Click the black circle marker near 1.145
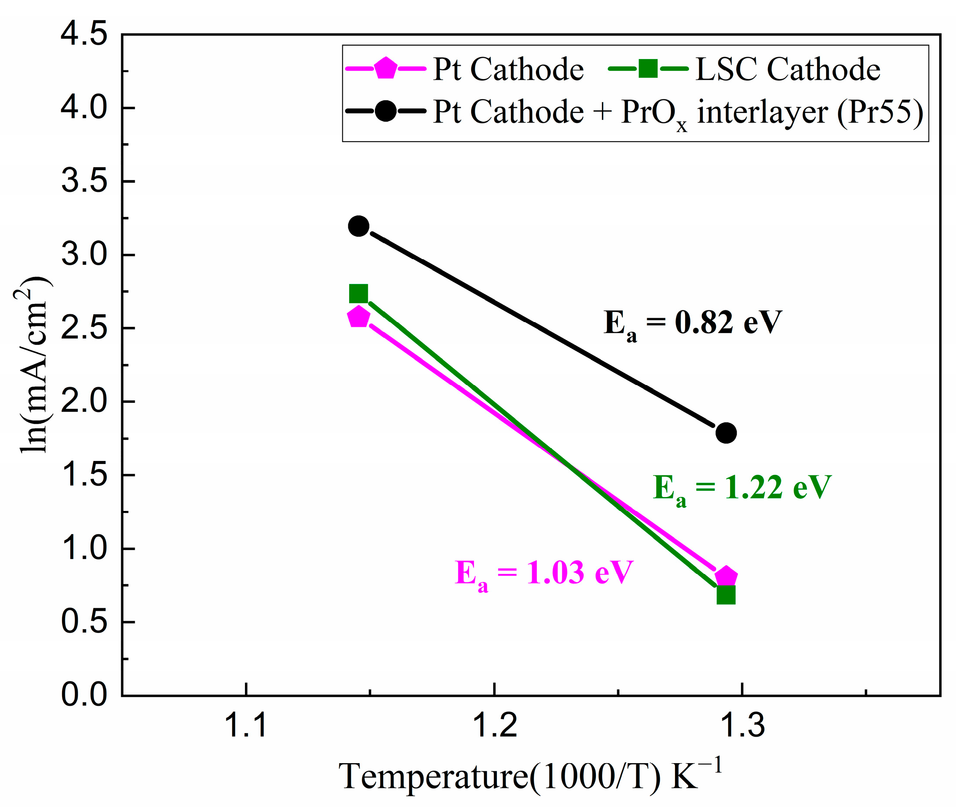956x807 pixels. coord(358,226)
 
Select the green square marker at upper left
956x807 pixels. coord(358,293)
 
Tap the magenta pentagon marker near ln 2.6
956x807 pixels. coord(358,317)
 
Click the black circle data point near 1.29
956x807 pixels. coord(726,432)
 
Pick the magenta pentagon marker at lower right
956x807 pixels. coord(726,577)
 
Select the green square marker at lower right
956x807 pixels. coord(726,595)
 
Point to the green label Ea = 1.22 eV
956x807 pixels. coord(741,489)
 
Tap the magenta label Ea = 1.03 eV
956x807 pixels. coord(544,574)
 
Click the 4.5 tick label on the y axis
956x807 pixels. coord(84,34)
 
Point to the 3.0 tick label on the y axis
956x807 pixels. coord(84,254)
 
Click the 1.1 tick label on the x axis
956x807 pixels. coord(246,726)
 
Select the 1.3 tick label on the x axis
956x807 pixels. coord(742,726)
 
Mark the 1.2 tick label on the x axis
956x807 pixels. coord(494,726)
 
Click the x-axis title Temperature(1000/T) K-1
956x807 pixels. coord(531,777)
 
